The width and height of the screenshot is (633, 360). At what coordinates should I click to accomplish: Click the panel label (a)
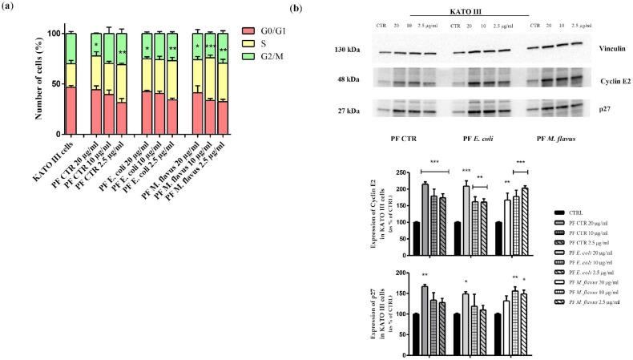click(x=10, y=8)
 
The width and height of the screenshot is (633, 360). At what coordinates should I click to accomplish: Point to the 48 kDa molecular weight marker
click(x=349, y=80)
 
